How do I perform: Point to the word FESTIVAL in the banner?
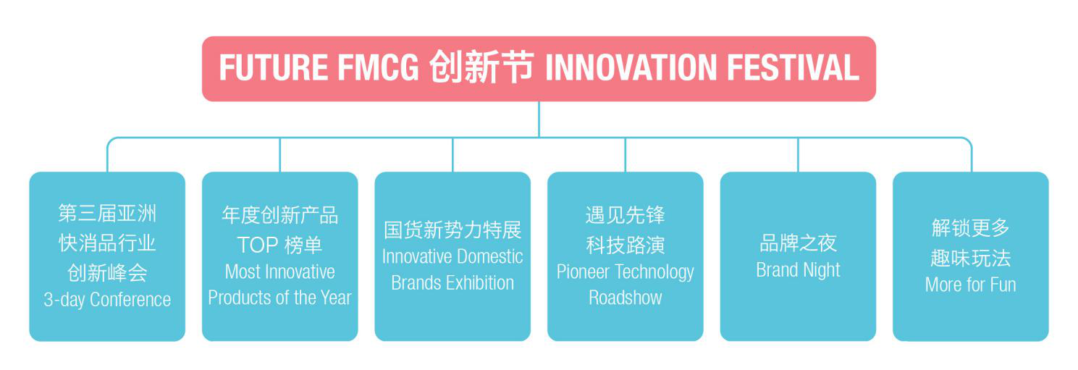pyautogui.click(x=792, y=69)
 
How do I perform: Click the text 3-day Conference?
pyautogui.click(x=107, y=300)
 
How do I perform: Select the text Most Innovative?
pyautogui.click(x=279, y=272)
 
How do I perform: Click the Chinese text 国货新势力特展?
pyautogui.click(x=452, y=230)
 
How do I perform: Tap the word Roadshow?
pyautogui.click(x=626, y=298)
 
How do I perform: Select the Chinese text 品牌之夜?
pyautogui.click(x=798, y=243)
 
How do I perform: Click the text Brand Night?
pyautogui.click(x=798, y=270)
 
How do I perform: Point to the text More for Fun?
pyautogui.click(x=970, y=285)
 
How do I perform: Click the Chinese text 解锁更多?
pyautogui.click(x=970, y=228)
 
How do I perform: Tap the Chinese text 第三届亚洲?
pyautogui.click(x=107, y=214)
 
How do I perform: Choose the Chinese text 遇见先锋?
pyautogui.click(x=626, y=215)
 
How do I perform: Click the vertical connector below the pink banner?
pyautogui.click(x=539, y=119)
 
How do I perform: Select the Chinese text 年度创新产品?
pyautogui.click(x=279, y=215)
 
